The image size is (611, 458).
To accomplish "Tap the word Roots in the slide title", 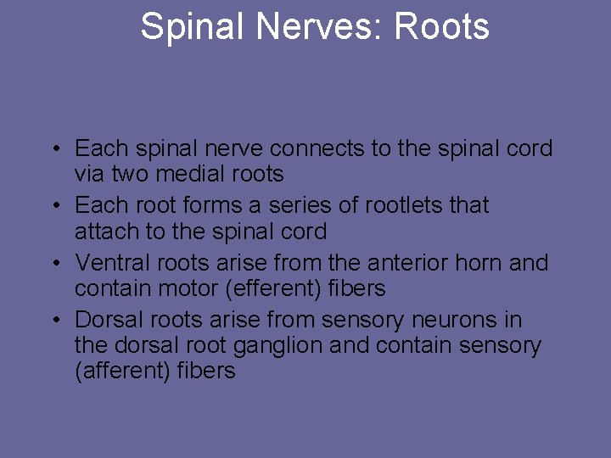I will pyautogui.click(x=442, y=26).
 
